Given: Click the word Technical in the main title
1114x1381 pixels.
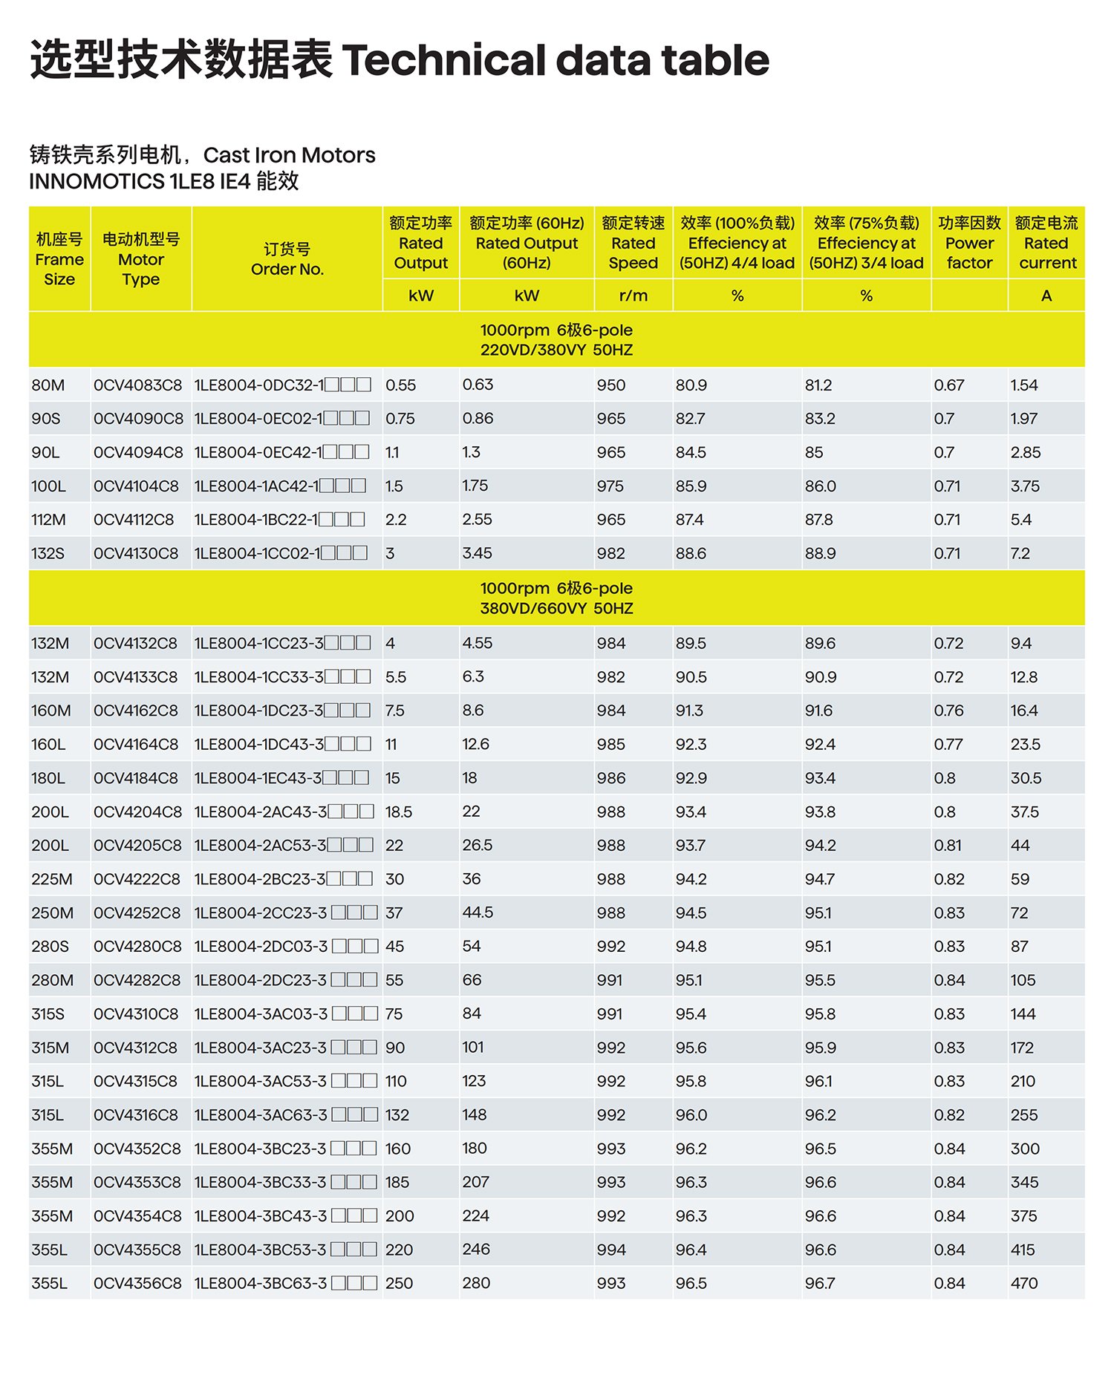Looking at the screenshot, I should pyautogui.click(x=443, y=61).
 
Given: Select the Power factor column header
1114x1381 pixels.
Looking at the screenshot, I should pyautogui.click(x=969, y=243).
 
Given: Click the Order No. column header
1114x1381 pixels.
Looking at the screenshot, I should pyautogui.click(x=287, y=259).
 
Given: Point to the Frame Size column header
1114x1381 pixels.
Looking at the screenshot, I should pyautogui.click(x=59, y=259).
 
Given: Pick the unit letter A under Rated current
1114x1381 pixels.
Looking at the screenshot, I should pyautogui.click(x=1046, y=296).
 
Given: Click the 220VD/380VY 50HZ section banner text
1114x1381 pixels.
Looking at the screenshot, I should pyautogui.click(x=556, y=350).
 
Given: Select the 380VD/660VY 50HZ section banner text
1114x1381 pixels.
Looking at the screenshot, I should pyautogui.click(x=556, y=608).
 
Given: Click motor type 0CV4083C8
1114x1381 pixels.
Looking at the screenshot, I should pyautogui.click(x=137, y=385).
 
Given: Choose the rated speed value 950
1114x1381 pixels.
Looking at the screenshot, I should pyautogui.click(x=610, y=385).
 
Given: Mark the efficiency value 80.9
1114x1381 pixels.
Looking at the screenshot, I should pyautogui.click(x=691, y=385).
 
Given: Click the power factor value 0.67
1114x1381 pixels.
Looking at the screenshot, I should pyautogui.click(x=948, y=385).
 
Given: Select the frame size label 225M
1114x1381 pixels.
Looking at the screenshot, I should pyautogui.click(x=52, y=879).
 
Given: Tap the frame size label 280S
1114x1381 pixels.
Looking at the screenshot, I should pyautogui.click(x=50, y=947).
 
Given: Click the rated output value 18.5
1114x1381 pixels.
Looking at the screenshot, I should pyautogui.click(x=399, y=812).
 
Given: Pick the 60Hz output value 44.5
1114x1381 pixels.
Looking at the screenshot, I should pyautogui.click(x=478, y=912).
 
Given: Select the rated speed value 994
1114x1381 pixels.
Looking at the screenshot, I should pyautogui.click(x=610, y=1250).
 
